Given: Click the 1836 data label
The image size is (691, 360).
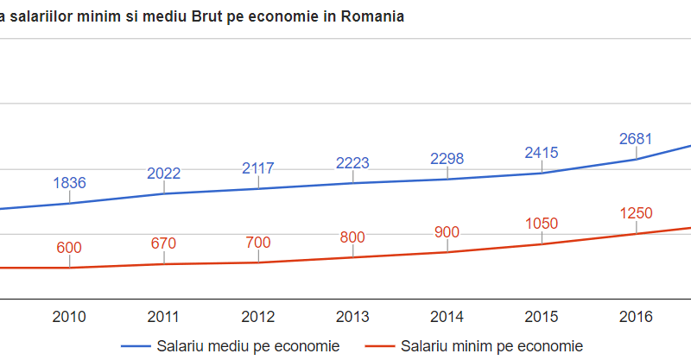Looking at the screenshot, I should point(69,183).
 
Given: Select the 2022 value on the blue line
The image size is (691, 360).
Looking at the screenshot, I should point(164,174).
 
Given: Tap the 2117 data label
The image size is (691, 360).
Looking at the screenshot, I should point(258,168).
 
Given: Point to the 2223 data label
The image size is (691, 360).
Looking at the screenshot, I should point(352,163).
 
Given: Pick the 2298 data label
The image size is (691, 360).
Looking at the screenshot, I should point(447,159).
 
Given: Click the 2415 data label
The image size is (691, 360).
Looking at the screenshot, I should point(542,153).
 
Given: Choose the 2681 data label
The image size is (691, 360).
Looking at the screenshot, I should point(636,139).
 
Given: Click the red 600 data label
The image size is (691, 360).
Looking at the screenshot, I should point(69,248).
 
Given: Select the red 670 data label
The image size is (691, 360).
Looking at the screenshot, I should point(164,243).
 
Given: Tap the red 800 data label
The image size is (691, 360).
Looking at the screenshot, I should point(352,237).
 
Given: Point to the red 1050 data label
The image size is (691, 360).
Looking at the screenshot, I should point(542,224).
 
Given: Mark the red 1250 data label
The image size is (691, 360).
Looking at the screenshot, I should point(636,214).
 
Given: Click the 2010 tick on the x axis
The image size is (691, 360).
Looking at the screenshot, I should point(69,317).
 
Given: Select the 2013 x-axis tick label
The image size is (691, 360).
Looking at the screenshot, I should point(352,317).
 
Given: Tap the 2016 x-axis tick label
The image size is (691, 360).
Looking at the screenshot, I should point(636,317).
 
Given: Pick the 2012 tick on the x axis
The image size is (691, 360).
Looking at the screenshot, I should point(258,317).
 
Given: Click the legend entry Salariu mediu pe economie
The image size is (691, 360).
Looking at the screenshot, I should point(248,346).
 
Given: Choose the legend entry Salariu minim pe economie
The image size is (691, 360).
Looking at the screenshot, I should point(491,346).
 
